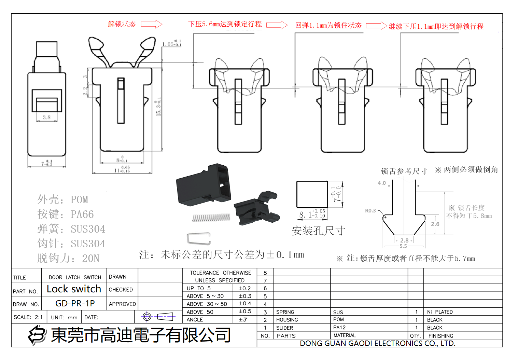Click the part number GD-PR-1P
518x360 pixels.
coord(75,303)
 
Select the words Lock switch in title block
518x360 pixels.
coord(74,289)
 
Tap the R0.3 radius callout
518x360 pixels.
coord(370,211)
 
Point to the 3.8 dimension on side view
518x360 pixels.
coord(47,117)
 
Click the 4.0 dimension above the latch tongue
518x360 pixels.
coord(381,183)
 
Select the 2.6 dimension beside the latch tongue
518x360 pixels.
coord(435,224)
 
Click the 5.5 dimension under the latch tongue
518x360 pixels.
coord(403,246)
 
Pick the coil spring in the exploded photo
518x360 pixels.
coord(211,218)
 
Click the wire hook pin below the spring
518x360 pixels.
coord(198,238)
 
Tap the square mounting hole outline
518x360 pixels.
coord(312,194)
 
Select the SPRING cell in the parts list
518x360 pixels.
coord(285,312)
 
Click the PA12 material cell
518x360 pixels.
coord(339,328)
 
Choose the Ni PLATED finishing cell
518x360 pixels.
coord(440,312)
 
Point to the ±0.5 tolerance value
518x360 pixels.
coord(245,311)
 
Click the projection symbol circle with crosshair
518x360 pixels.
coord(147,317)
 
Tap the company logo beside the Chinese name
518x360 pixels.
coord(37,335)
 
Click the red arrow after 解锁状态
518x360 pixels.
coord(151,24)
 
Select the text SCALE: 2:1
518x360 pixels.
coord(28,317)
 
